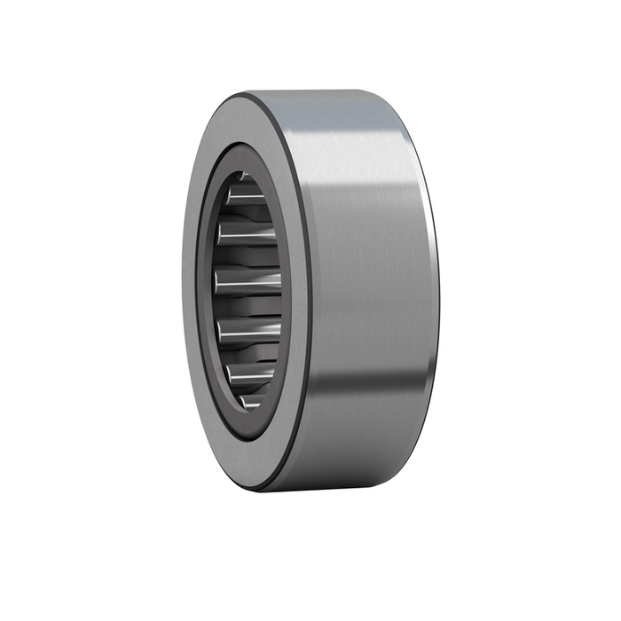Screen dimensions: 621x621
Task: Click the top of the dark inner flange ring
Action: pyautogui.click(x=244, y=151)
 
